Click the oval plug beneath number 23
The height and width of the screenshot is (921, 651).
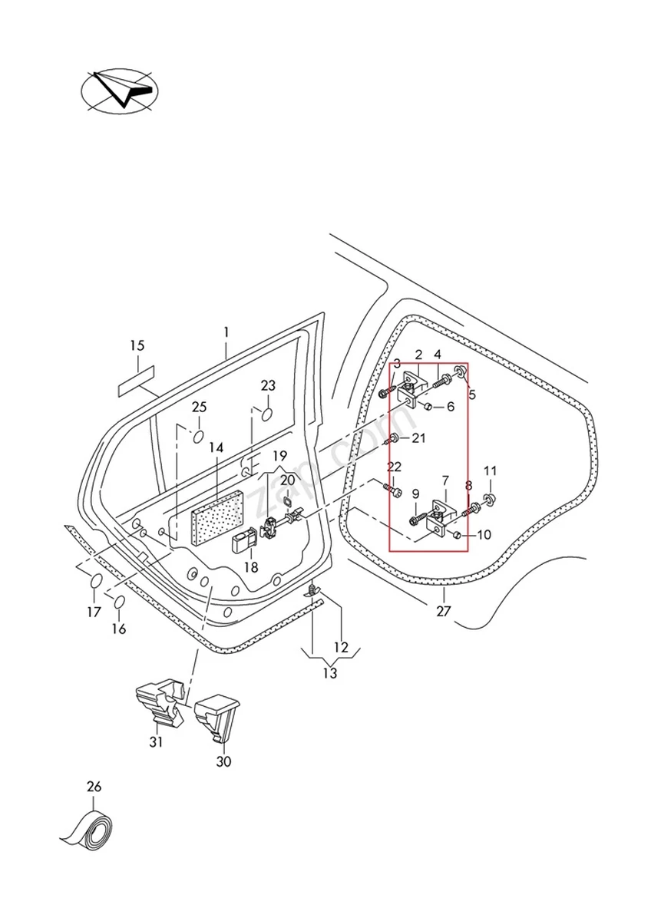click(x=268, y=415)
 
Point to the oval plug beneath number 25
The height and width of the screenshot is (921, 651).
click(x=199, y=436)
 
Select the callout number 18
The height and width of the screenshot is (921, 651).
click(x=251, y=568)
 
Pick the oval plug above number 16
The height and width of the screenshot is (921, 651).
click(x=120, y=602)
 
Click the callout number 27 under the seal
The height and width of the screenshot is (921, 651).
click(x=444, y=612)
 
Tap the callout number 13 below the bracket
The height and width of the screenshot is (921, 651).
click(x=329, y=674)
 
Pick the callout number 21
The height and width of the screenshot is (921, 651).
click(x=418, y=438)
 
